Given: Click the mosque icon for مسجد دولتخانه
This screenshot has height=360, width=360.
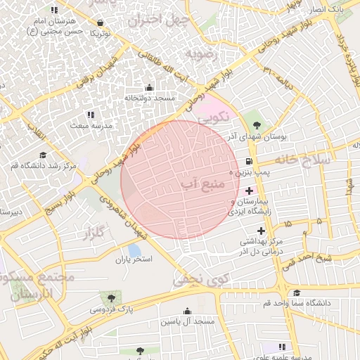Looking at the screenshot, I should (148, 88).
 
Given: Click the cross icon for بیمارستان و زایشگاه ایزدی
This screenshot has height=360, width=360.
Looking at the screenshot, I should (249, 191).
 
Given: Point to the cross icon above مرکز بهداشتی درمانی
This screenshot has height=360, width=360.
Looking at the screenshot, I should (261, 231).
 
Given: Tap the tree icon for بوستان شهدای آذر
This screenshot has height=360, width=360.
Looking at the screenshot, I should (255, 126).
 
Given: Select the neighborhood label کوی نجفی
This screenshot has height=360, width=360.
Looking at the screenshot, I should (196, 280).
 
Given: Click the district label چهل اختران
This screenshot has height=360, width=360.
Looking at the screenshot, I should (155, 18).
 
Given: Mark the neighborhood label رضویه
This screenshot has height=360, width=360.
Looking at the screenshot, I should (204, 54).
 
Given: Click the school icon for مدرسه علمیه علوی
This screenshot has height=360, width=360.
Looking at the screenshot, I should (282, 347).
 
